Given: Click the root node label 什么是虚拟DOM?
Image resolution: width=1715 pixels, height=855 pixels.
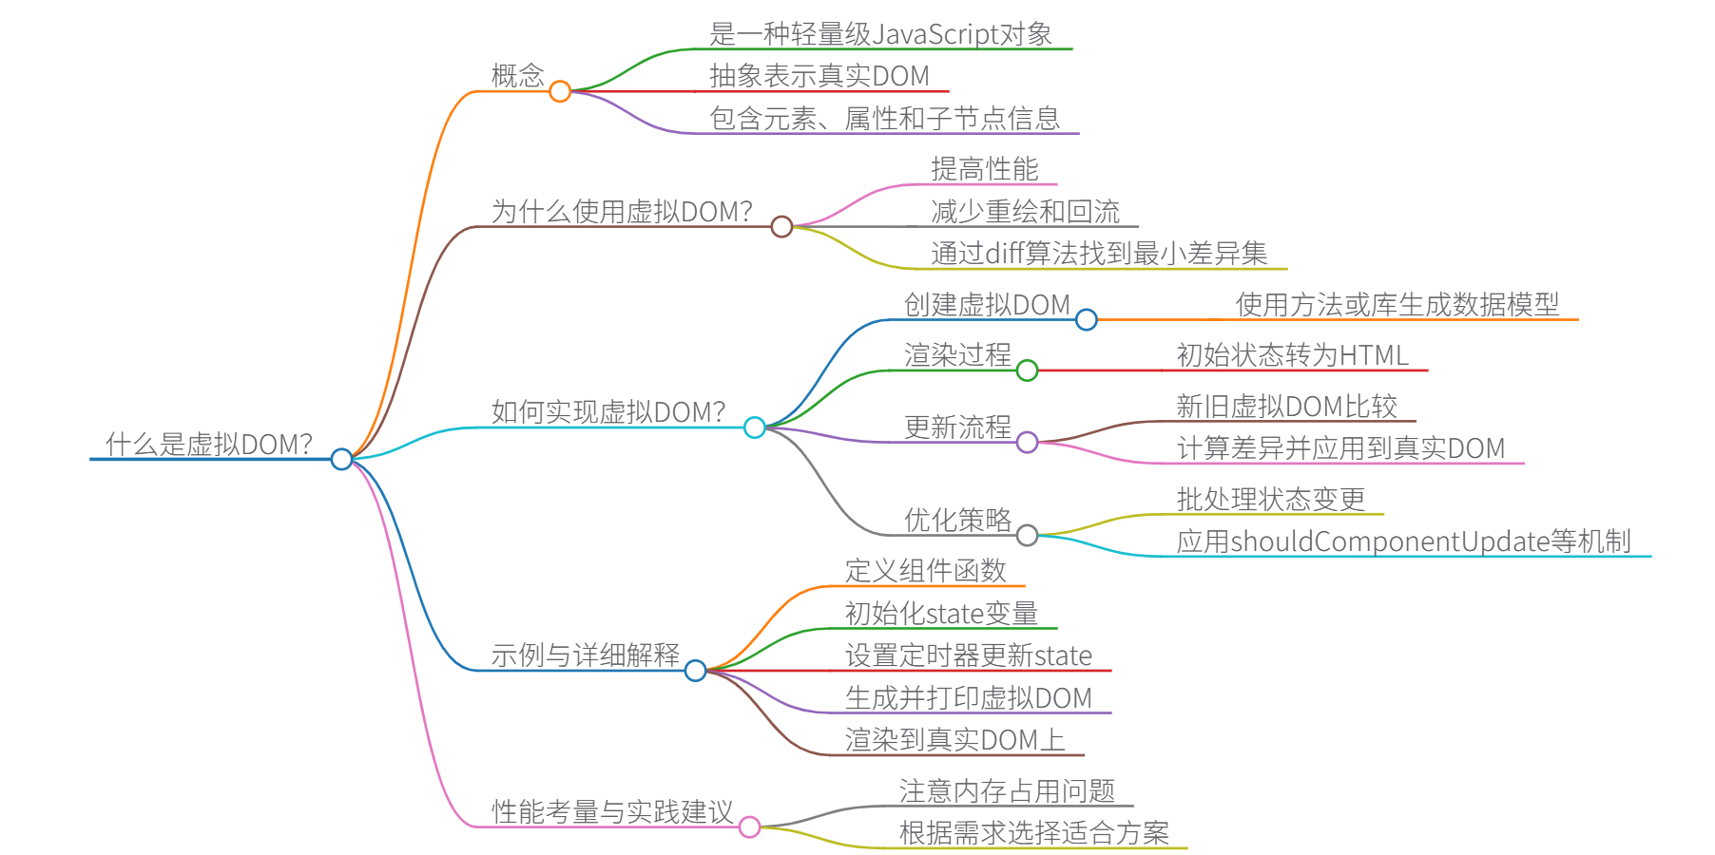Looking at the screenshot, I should tap(209, 444).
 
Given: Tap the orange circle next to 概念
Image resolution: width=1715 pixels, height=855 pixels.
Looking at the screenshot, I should tap(560, 91).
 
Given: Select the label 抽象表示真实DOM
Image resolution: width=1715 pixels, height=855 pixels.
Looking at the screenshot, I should tap(819, 76).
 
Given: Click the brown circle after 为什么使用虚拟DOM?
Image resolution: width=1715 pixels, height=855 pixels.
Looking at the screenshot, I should tap(781, 226).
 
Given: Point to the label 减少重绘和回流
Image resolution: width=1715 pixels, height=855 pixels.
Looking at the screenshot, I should tap(1025, 211).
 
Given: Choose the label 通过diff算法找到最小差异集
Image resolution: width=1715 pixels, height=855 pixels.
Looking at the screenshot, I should tap(1099, 254).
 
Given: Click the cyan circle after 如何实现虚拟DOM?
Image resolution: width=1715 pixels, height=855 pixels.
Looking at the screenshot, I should tap(754, 427).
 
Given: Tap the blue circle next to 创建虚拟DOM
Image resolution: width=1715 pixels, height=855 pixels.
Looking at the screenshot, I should tap(1086, 320).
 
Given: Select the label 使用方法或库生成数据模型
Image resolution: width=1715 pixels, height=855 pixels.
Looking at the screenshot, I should tap(1397, 305).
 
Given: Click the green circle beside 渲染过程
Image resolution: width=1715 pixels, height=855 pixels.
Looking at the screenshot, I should tap(1027, 370).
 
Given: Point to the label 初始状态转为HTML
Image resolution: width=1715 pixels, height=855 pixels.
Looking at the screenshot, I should tap(1293, 355).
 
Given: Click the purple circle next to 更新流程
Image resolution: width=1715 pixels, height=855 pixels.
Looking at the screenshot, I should tap(1027, 442).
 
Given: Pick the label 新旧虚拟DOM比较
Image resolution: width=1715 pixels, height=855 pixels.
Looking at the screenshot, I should tap(1287, 407).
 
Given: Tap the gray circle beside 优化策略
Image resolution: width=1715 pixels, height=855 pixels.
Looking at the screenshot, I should tap(1027, 536).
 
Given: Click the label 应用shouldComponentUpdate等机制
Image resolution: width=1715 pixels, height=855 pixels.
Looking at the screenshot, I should tap(1403, 541).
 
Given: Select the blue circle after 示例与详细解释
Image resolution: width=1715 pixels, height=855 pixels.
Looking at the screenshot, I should tap(695, 671).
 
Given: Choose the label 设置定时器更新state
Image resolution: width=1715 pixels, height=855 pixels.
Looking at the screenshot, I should tap(969, 655).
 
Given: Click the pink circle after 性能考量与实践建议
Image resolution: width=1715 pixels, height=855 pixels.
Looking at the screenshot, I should tap(749, 827).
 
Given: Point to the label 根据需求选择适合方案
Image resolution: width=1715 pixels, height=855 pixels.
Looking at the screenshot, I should tap(1034, 833).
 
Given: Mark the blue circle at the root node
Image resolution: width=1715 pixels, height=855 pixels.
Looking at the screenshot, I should tap(341, 460).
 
